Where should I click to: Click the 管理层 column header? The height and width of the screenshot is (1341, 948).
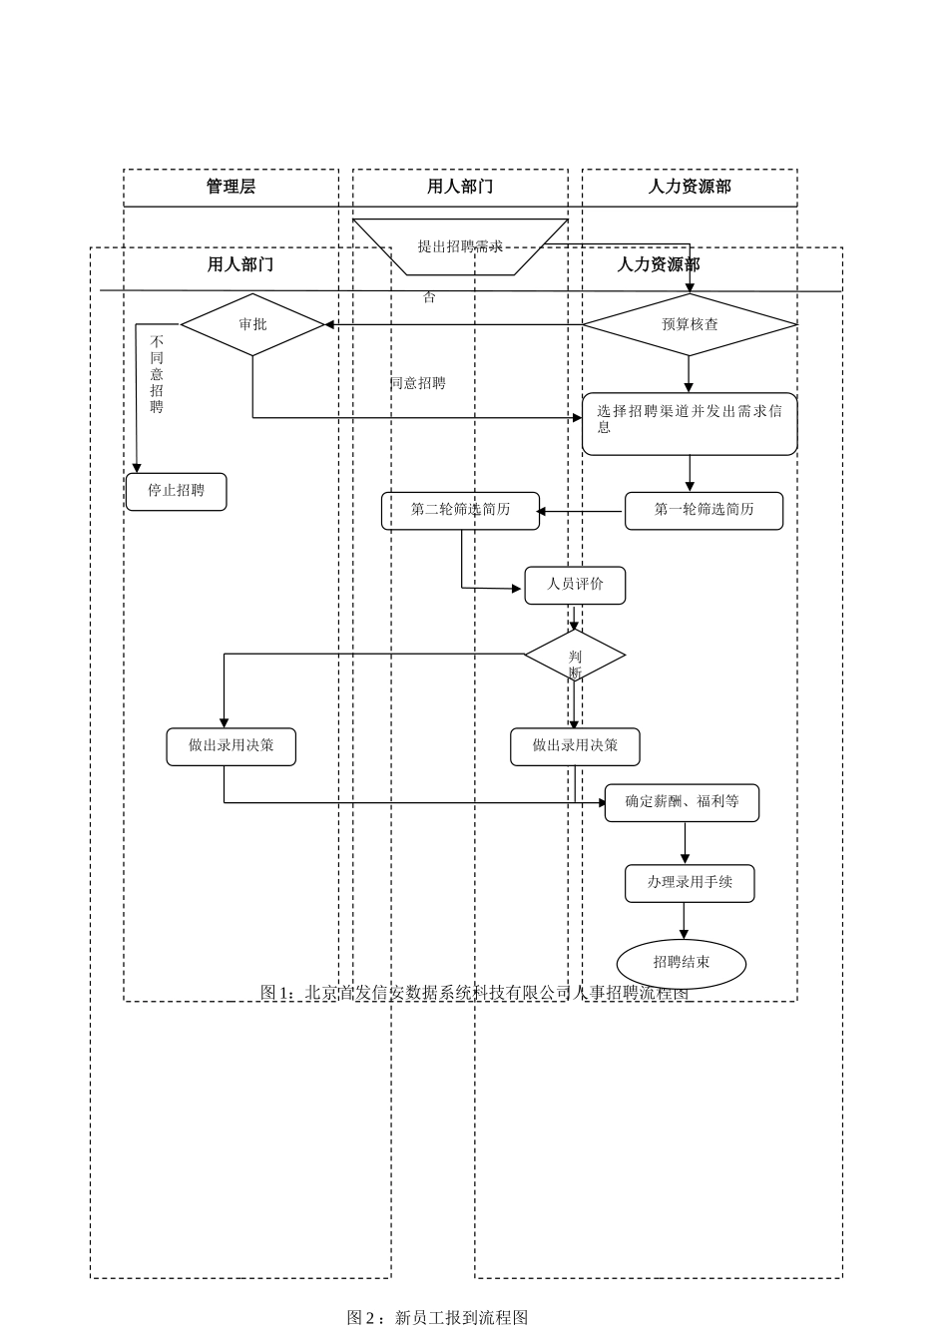pos(231,187)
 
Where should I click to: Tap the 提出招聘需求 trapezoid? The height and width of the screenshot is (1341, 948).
pos(460,245)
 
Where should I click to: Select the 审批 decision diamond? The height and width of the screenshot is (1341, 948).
pos(252,324)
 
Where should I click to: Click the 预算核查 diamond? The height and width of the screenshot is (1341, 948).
pos(690,324)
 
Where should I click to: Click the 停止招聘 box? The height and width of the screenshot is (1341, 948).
pos(176,491)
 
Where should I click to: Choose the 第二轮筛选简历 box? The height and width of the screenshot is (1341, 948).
pos(460,510)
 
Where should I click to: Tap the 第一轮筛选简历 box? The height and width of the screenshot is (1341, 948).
pos(704,510)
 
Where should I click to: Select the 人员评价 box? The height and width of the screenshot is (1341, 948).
pos(575,585)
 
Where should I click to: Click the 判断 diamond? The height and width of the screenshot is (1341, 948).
pos(575,656)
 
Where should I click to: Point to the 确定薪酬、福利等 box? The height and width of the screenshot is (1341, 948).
pos(682,802)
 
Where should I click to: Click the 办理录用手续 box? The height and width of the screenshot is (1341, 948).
pos(690,883)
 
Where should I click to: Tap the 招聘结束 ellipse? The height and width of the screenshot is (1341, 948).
pos(682,963)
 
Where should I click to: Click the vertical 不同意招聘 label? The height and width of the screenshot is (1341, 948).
pos(157,374)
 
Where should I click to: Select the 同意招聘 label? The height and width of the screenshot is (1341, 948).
pos(418,383)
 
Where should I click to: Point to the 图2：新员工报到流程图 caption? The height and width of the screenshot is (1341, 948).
pos(437,1318)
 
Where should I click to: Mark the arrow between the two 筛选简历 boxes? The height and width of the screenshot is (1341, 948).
pos(582,512)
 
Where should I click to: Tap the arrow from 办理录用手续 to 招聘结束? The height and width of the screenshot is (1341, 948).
pos(684,921)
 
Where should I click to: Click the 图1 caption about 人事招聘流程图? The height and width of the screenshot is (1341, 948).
pos(474,993)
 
